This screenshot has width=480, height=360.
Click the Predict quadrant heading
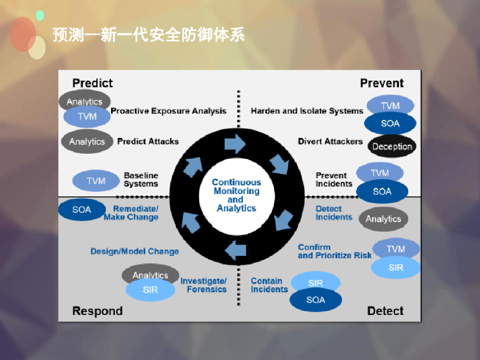pos(92,83)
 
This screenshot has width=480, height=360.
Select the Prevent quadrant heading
pos(382,83)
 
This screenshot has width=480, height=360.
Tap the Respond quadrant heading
pos(97,311)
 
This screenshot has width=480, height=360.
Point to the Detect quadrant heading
pos(385,311)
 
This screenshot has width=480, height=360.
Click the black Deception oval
pos(392,146)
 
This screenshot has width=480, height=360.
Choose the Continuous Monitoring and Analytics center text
pos(236,195)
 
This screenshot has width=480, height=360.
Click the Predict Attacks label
pos(148,141)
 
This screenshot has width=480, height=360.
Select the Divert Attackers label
pos(330,141)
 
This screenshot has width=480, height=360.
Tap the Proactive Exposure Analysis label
pos(168,111)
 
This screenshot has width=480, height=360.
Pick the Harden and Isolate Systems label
pos(307,111)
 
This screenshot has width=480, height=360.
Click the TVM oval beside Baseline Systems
pos(96,181)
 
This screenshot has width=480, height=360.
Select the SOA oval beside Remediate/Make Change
pos(82,210)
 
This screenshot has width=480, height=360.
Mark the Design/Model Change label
pos(135,251)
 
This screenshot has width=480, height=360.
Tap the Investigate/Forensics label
pos(204,285)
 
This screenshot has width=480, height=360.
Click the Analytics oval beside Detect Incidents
pos(383,219)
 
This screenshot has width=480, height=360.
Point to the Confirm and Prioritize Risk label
pos(334,251)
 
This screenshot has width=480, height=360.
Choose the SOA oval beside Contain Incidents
pos(315,300)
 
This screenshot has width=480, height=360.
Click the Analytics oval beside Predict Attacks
pos(87,142)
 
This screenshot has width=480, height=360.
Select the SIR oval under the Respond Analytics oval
pos(150,290)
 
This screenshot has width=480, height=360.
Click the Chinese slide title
pos(149,35)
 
